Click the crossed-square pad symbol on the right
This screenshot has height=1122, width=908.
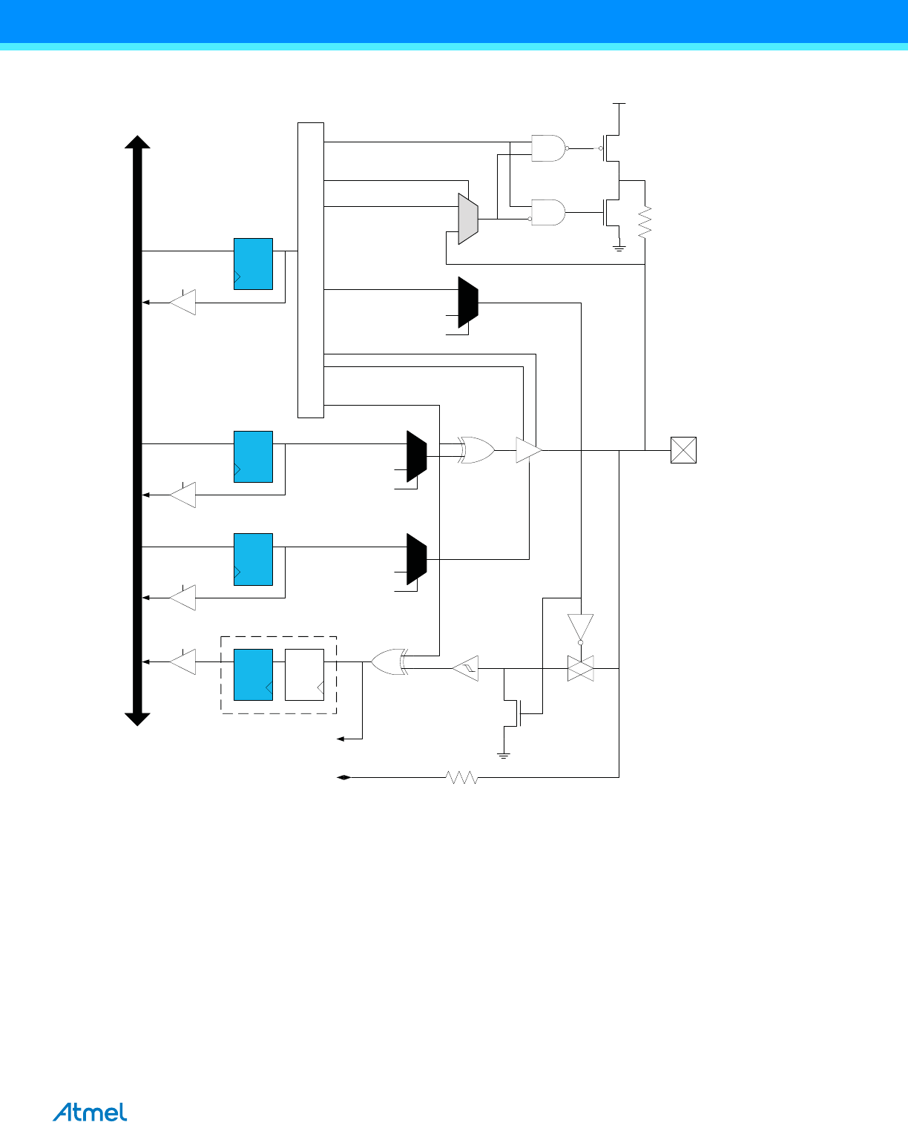click(x=683, y=450)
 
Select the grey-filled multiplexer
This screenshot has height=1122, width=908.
click(x=468, y=219)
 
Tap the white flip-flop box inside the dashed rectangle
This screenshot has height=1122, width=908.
click(x=304, y=674)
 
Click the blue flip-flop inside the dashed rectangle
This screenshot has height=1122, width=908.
click(x=253, y=674)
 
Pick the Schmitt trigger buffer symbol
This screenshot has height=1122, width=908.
click(x=466, y=668)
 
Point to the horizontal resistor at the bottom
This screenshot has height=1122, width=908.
click(x=461, y=777)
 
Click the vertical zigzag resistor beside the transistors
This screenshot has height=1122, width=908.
click(x=645, y=222)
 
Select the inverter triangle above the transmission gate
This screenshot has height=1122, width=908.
click(x=580, y=627)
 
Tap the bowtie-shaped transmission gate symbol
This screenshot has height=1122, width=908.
click(x=580, y=668)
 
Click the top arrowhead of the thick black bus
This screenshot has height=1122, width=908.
click(x=138, y=142)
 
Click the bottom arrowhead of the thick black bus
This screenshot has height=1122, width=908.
click(x=138, y=719)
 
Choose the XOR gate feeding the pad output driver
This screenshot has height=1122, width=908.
click(x=477, y=450)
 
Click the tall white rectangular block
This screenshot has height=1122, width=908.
click(x=311, y=270)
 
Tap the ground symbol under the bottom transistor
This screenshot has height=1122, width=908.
click(x=504, y=755)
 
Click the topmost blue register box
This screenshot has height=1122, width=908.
click(x=253, y=263)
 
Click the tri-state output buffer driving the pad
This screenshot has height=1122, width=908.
click(x=529, y=450)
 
